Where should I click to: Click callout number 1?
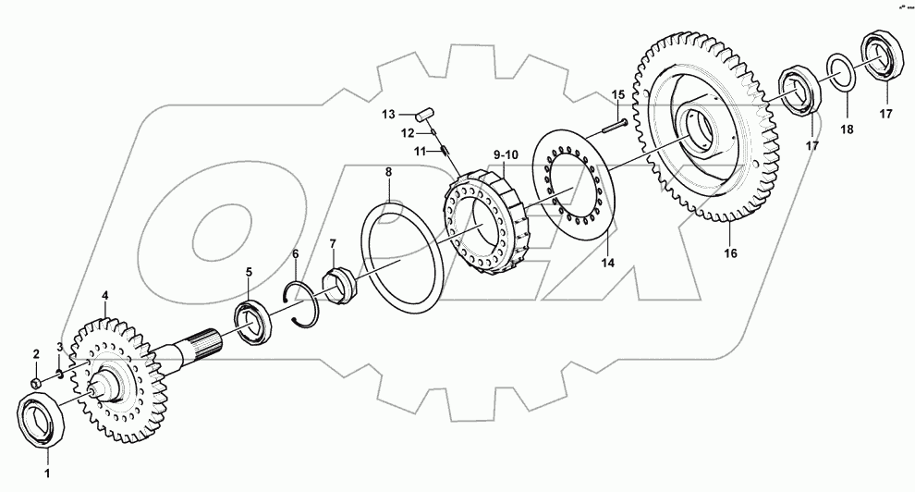tap(48, 473)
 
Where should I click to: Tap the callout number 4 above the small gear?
tap(104, 295)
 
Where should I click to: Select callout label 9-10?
tap(506, 153)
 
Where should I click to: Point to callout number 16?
tap(730, 252)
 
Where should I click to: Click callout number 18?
tap(848, 132)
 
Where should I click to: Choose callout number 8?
tap(388, 172)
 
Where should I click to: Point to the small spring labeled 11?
tap(445, 148)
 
